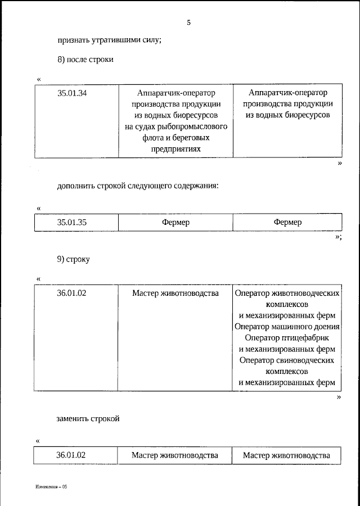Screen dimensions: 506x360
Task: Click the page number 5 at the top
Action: pos(189,23)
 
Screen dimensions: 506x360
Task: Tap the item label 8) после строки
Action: pos(85,60)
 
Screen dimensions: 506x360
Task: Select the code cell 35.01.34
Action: pos(72,93)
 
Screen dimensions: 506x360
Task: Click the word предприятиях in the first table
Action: pos(175,149)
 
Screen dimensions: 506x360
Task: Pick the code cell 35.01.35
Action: pos(72,222)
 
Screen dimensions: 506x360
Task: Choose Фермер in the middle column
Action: pos(175,222)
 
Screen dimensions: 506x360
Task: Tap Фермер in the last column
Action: pos(287,222)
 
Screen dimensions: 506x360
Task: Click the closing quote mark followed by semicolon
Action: pos(338,237)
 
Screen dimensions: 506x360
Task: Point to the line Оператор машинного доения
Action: pos(287,327)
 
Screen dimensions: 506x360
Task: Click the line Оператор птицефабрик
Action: pos(287,338)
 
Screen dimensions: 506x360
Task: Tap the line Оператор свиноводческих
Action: pos(287,360)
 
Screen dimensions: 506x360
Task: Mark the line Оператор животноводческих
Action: pos(287,293)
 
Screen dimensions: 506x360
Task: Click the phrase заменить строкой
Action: pos(88,418)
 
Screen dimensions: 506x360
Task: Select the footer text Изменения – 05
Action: pos(51,486)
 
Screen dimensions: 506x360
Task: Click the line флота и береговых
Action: pos(175,138)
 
